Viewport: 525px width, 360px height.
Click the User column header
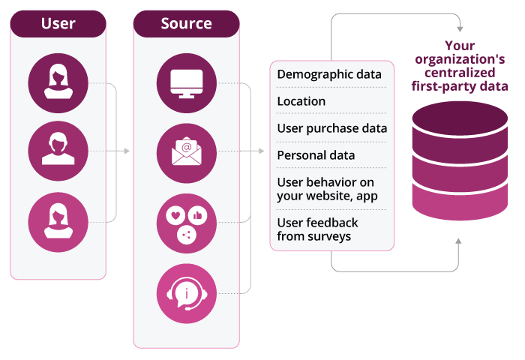(x=58, y=23)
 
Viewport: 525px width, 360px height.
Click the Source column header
(x=186, y=23)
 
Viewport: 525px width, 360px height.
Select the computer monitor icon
(x=186, y=82)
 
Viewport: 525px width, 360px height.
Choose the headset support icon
(x=186, y=292)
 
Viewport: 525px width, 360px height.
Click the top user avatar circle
(x=58, y=82)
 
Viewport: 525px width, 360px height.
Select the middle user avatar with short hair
(x=58, y=151)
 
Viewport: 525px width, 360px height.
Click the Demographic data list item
(x=329, y=74)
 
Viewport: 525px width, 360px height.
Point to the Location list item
(x=301, y=101)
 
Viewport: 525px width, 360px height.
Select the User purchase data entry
(x=332, y=128)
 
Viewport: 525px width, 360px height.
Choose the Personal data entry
(x=316, y=155)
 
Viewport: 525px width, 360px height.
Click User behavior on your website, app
(x=328, y=189)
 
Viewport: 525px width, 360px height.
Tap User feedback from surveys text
(x=318, y=229)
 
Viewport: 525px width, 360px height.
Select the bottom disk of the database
(x=460, y=201)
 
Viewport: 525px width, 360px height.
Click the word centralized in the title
(x=460, y=73)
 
